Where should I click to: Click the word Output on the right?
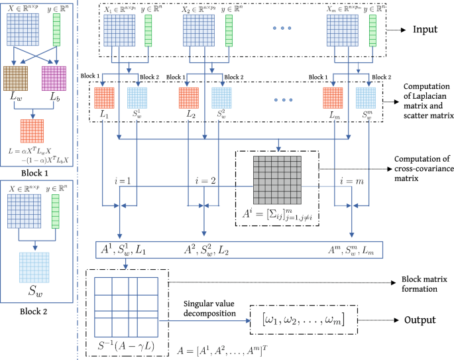coord(420,320)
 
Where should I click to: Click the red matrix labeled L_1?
coord(103,97)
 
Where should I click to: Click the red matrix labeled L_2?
coord(189,97)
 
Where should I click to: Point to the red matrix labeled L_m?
coord(333,97)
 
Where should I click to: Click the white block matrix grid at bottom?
coord(125,306)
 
